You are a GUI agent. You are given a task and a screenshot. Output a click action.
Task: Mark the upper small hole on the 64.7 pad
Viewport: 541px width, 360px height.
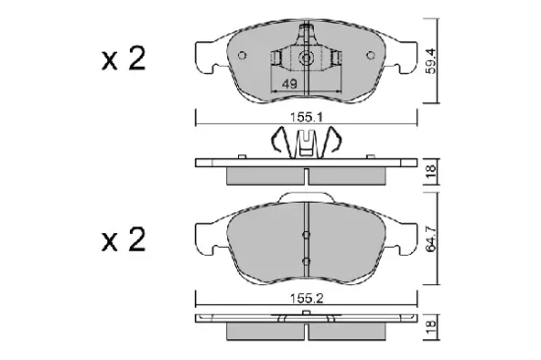click(308, 234)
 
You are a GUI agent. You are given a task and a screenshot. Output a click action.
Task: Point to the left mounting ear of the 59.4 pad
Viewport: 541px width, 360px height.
click(207, 55)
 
